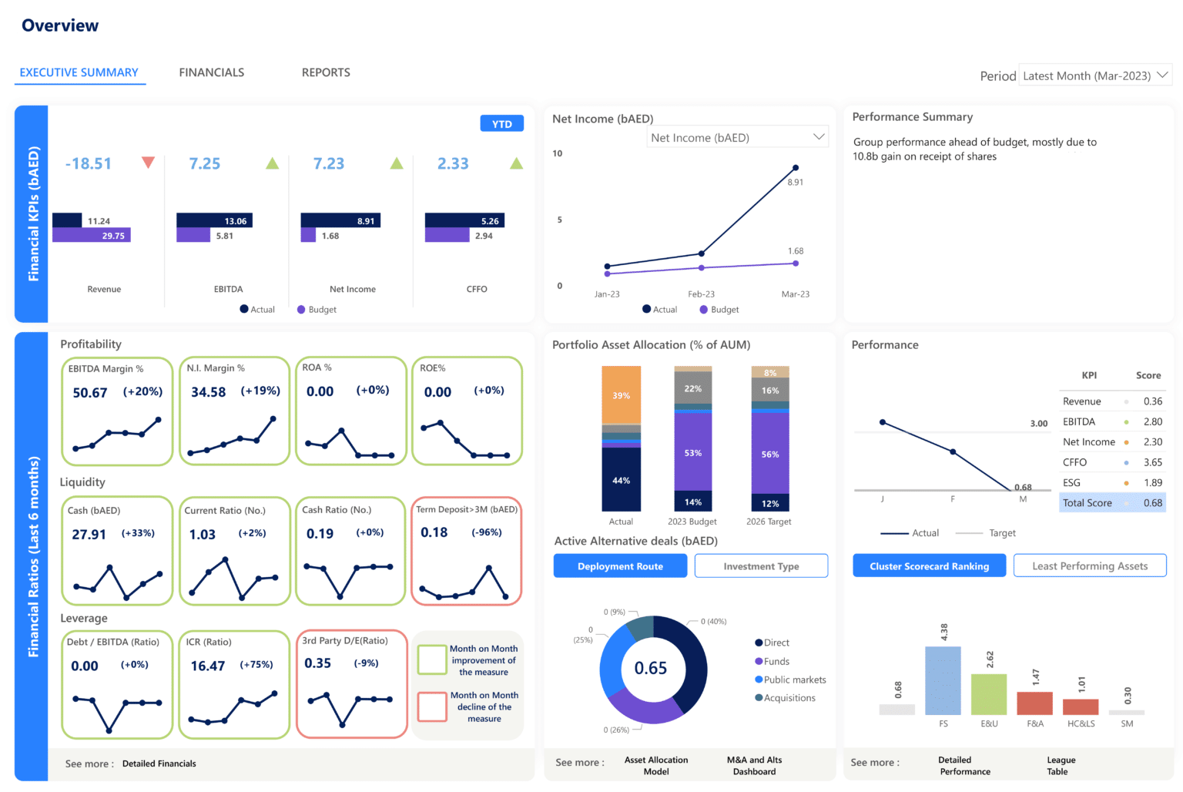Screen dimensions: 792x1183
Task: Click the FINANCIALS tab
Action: click(211, 72)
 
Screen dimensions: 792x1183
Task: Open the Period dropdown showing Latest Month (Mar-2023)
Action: click(1094, 76)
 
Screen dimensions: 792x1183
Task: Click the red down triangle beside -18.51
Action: click(148, 163)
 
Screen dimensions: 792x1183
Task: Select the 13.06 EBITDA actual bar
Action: click(214, 221)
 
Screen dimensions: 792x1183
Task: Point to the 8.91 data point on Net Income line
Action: click(796, 168)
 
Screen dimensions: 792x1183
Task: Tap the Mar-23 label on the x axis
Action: click(795, 294)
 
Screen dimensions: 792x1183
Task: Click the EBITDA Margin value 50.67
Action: click(90, 393)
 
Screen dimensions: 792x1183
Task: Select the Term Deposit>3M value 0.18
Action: click(434, 533)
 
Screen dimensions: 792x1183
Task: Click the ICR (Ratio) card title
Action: click(208, 642)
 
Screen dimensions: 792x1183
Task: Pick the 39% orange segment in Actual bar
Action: click(621, 395)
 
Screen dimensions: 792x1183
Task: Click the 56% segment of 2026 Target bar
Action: click(770, 454)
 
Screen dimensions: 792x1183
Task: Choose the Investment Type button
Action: click(761, 566)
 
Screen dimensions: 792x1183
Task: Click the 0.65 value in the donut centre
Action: click(651, 668)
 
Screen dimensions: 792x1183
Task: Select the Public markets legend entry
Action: click(794, 680)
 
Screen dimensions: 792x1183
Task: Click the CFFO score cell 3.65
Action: click(1152, 462)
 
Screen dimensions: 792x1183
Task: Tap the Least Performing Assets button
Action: click(1089, 565)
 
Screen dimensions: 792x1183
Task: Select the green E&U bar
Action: click(989, 694)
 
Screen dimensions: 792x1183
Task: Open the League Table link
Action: click(1061, 766)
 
